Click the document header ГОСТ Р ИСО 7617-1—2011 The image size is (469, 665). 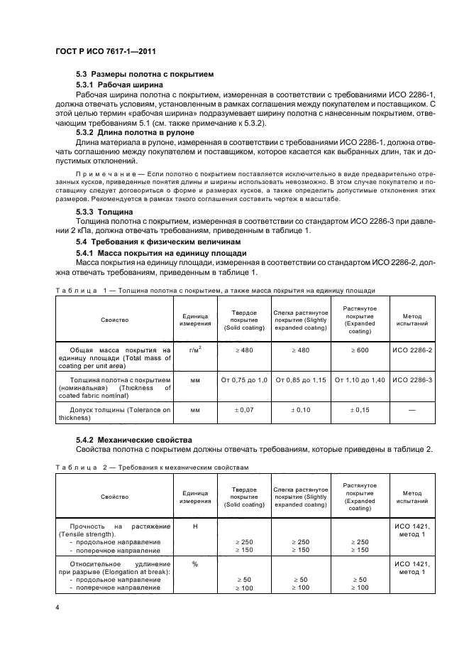tap(106, 53)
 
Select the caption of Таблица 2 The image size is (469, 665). tap(152, 467)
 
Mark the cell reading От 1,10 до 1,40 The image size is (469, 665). tap(360, 381)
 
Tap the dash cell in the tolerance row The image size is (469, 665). tap(412, 411)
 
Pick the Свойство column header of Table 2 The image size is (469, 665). tap(114, 497)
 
